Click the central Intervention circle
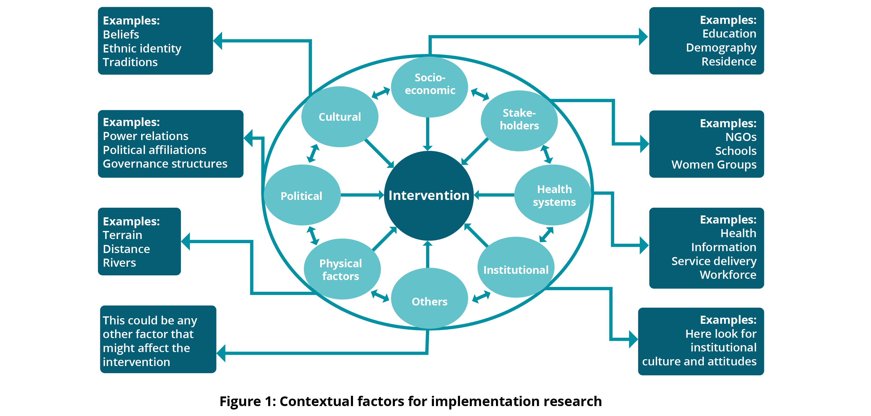point(428,196)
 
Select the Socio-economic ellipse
point(429,87)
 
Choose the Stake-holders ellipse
point(519,120)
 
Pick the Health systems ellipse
point(553,195)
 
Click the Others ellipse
point(429,300)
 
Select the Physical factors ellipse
point(342,269)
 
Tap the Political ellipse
point(301,196)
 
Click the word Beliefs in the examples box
point(121,34)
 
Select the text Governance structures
point(165,164)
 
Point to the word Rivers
point(119,263)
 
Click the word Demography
point(721,48)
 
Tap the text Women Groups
point(714,165)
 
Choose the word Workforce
point(728,275)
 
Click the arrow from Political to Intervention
point(362,195)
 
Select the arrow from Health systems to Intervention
point(494,195)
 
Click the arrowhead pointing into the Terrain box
point(186,241)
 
